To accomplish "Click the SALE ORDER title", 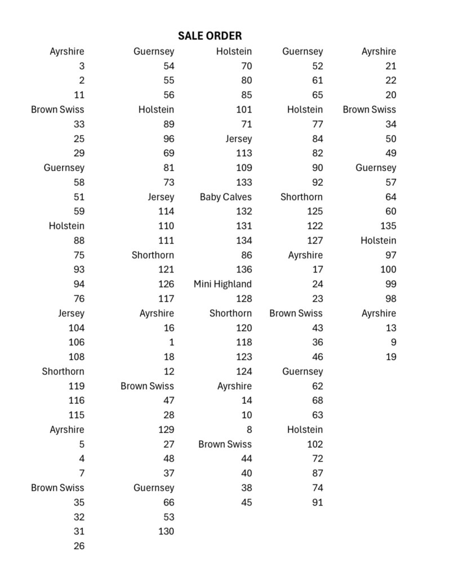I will (210, 36).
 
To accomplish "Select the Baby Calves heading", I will (225, 197).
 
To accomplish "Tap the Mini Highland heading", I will (223, 284).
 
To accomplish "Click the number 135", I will (388, 226).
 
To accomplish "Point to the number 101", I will (244, 110).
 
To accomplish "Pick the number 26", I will (79, 546).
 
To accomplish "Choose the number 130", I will (166, 532).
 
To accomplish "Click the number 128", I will (244, 299).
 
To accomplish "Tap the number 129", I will (166, 430).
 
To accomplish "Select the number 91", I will (317, 503).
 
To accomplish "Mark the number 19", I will (391, 357).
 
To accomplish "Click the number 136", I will (244, 270).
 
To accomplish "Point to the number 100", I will (388, 270).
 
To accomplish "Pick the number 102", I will (315, 444).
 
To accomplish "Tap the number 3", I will (82, 66).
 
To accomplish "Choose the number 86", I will (246, 255).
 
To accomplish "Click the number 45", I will (246, 503).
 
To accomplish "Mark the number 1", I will (171, 342).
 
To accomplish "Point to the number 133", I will (244, 182).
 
